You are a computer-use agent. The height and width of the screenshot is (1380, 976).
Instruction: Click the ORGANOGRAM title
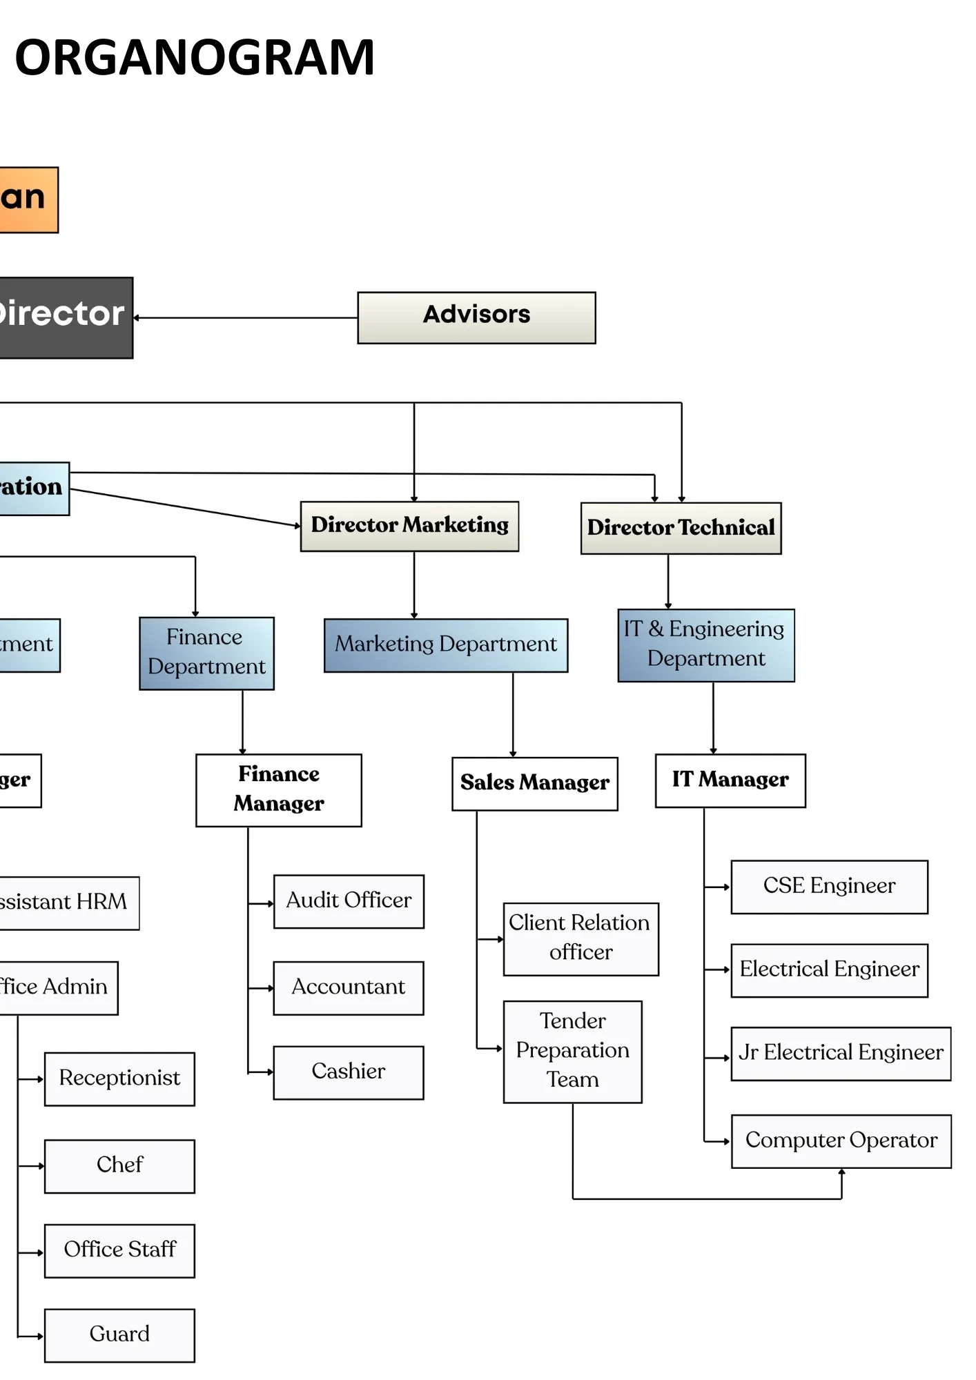(195, 57)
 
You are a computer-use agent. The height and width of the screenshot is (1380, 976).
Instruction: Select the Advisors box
(476, 317)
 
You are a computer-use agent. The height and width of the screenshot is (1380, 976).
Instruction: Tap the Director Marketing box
(409, 526)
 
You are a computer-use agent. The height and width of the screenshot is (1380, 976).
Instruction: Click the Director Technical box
(681, 528)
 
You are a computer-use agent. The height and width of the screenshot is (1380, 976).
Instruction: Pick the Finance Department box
(206, 653)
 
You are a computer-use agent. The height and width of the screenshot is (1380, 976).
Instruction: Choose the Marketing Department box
(446, 645)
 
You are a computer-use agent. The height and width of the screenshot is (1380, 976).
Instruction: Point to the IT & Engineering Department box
(705, 645)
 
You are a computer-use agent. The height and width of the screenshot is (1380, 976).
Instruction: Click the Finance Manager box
(278, 789)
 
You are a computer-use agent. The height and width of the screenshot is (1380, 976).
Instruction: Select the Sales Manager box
(534, 783)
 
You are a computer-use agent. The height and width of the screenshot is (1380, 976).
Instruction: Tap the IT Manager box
(730, 780)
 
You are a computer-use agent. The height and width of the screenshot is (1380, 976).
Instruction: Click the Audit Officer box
(349, 901)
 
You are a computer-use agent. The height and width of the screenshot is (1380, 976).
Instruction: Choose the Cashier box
(349, 1072)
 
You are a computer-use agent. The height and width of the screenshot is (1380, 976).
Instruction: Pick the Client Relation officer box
(580, 938)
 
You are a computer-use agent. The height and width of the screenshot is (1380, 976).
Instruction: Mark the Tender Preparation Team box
(572, 1051)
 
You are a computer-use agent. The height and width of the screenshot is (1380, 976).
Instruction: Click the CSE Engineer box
(829, 887)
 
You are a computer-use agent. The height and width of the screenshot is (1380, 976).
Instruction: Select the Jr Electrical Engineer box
(840, 1053)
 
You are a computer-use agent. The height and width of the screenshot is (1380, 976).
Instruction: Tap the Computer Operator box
(841, 1141)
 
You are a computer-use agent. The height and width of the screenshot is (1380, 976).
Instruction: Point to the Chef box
(119, 1165)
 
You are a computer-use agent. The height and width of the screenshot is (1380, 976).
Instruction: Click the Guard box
(119, 1334)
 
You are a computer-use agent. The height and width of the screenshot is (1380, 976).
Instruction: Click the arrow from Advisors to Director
(245, 318)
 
